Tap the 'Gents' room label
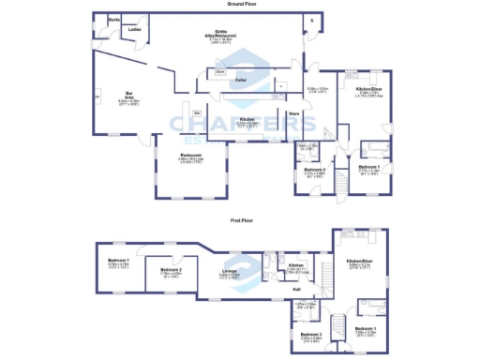[x=114, y=20]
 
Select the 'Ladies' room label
[x=134, y=30]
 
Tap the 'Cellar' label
[x=240, y=82]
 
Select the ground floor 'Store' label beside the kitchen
[x=293, y=114]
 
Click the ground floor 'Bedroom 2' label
[x=314, y=171]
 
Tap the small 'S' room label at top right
[x=310, y=19]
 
